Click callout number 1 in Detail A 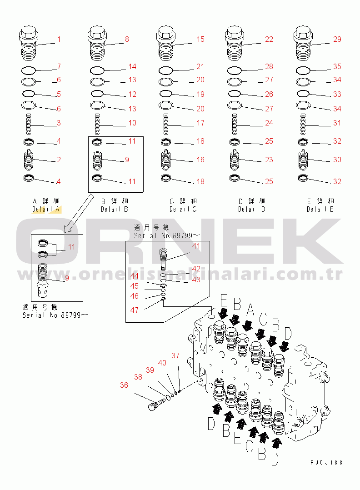[x=59, y=40]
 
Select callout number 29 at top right [x=337, y=40]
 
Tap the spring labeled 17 [x=166, y=125]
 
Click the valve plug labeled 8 [x=97, y=43]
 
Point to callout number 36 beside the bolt [x=124, y=385]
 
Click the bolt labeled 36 [x=156, y=405]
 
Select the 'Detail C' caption [x=183, y=210]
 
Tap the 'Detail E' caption [x=320, y=210]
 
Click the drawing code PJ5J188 [x=326, y=463]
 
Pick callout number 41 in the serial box [x=196, y=246]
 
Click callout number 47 [x=135, y=310]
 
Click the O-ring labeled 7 [x=29, y=70]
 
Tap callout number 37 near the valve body [x=175, y=355]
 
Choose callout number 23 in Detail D [x=269, y=160]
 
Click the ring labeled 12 [x=97, y=94]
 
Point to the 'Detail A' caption [x=46, y=210]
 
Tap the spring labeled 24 [x=235, y=125]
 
